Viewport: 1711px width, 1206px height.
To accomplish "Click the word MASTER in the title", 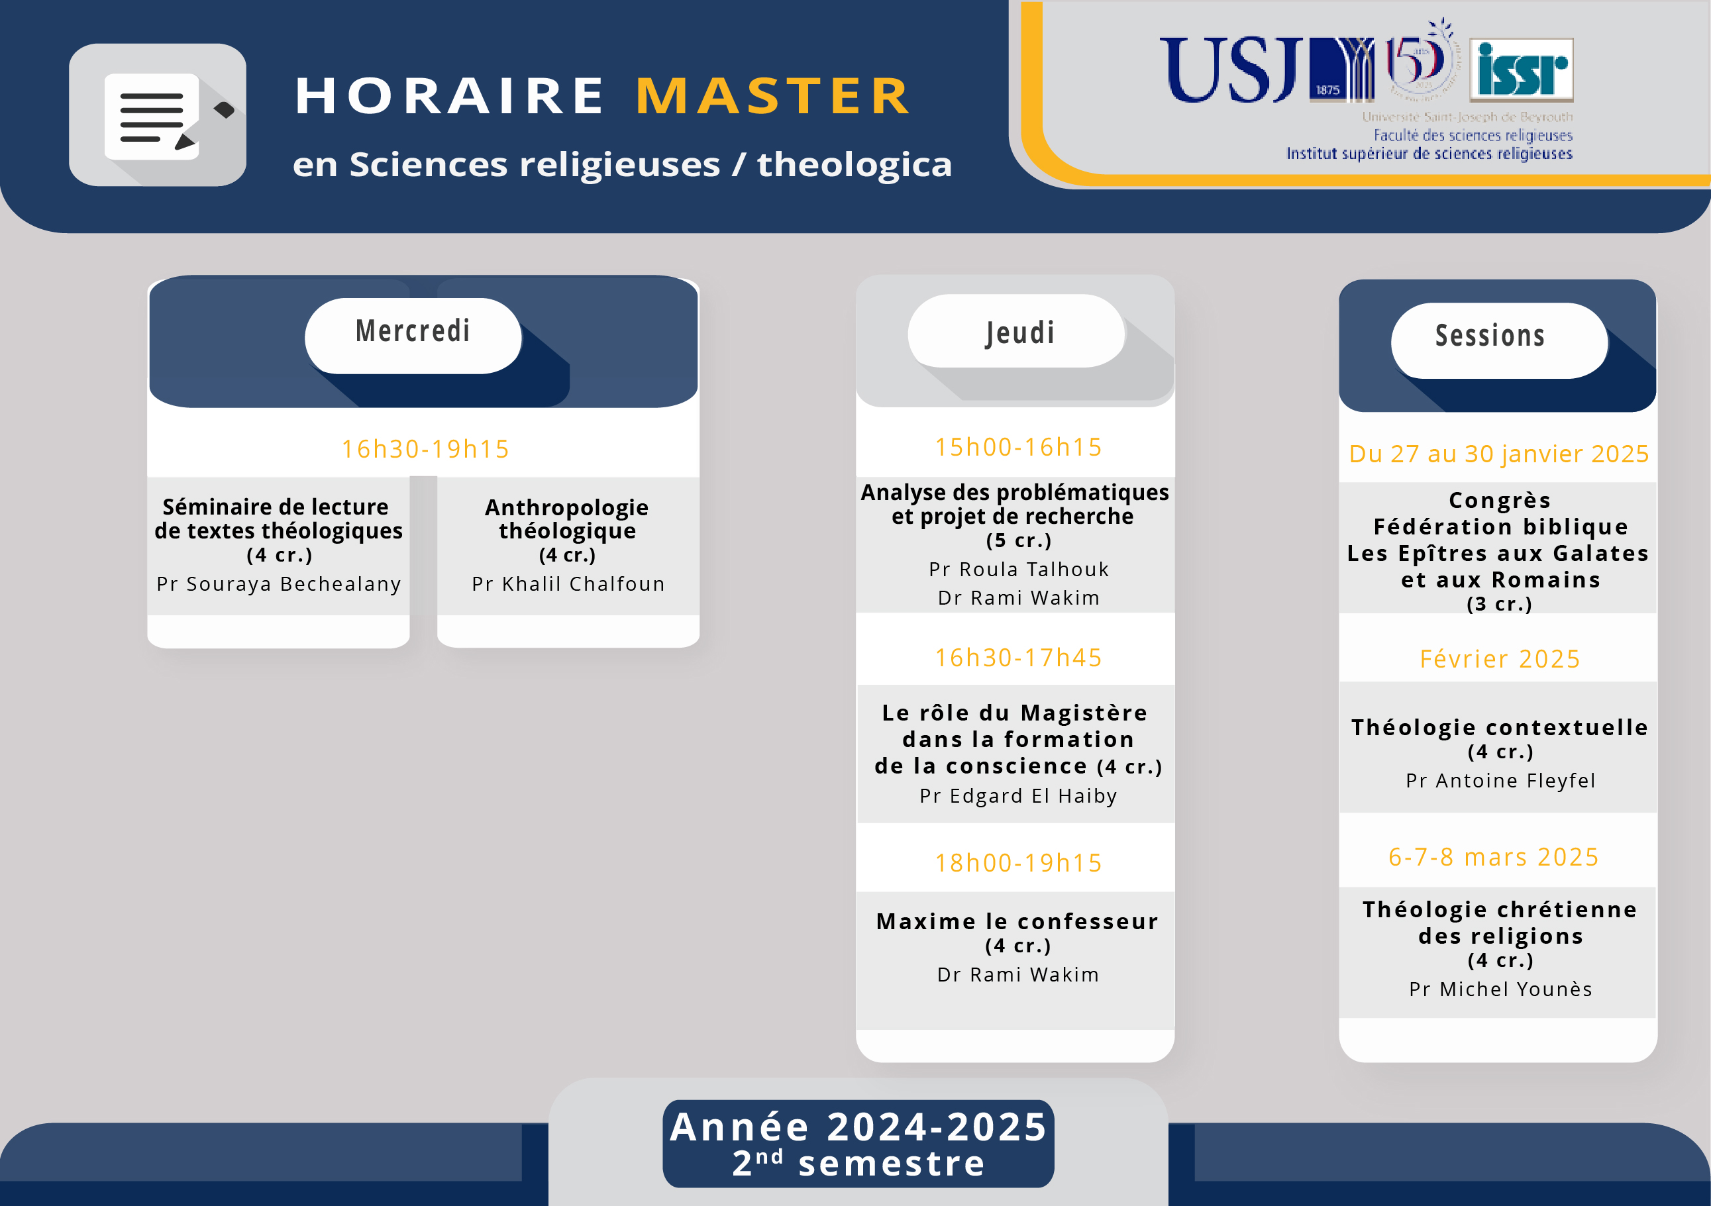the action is [x=773, y=96].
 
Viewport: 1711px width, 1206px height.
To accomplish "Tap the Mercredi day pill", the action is [x=413, y=335].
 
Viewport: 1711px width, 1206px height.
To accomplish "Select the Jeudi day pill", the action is [x=1016, y=330].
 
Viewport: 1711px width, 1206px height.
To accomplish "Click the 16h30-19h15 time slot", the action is [x=425, y=448].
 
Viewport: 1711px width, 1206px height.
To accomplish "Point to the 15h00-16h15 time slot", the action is [x=1019, y=446].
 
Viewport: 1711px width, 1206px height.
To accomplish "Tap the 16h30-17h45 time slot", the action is [x=1019, y=657].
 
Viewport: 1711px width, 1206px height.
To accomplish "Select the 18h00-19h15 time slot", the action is [x=1019, y=862].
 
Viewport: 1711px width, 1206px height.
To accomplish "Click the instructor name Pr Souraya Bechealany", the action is [x=279, y=584].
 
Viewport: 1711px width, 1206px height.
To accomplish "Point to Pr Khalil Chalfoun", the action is [x=568, y=583].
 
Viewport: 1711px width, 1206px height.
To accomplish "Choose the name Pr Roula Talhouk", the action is [x=1019, y=569].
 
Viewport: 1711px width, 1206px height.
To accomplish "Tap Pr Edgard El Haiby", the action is [x=1019, y=795].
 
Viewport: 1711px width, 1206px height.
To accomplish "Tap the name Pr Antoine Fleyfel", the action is [x=1501, y=780].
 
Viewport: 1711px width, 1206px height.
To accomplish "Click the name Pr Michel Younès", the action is [x=1501, y=989].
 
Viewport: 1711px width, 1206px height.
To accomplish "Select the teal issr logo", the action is [x=1521, y=70].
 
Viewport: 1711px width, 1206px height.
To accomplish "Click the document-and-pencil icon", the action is [x=158, y=115].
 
